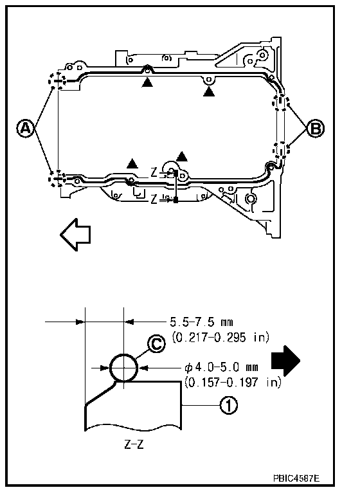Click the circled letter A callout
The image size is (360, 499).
[26, 128]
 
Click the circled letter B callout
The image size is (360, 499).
[315, 128]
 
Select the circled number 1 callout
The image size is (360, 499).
[229, 405]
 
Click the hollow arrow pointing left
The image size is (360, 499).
[75, 234]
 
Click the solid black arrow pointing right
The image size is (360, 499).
[285, 361]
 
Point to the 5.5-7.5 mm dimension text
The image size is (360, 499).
[202, 322]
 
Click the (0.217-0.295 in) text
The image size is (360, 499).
[221, 337]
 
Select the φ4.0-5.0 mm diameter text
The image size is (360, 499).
[221, 367]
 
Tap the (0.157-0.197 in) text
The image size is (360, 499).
[233, 382]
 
